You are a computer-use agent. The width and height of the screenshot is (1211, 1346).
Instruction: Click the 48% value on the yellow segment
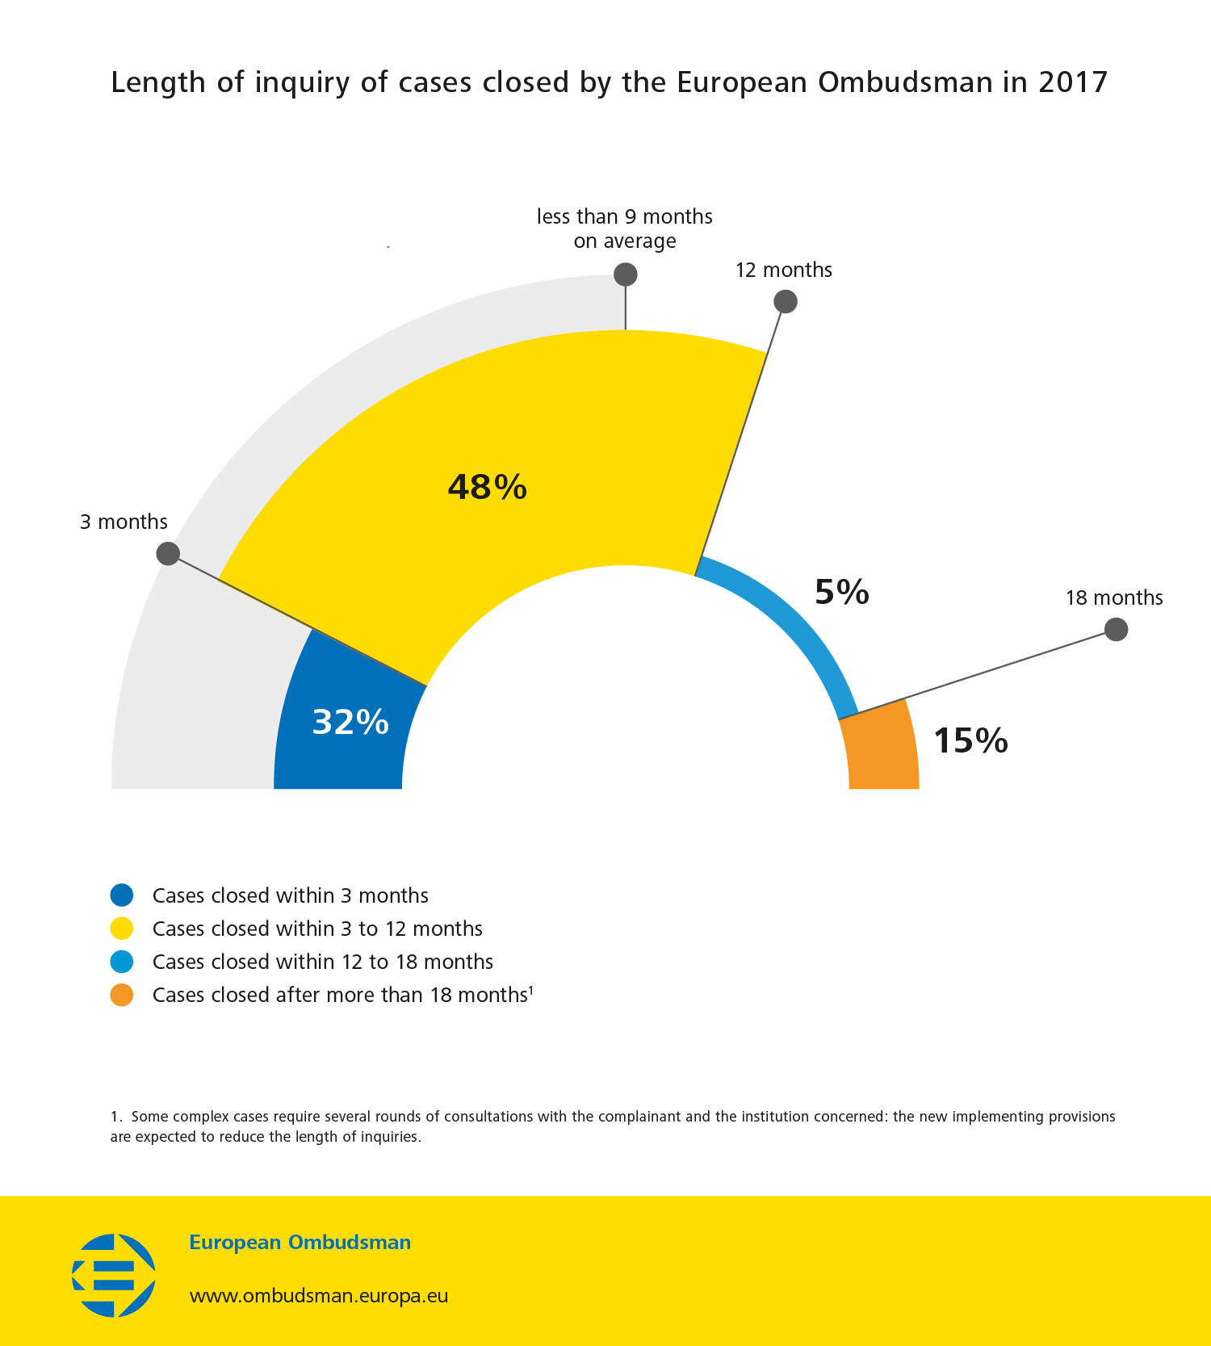coord(488,487)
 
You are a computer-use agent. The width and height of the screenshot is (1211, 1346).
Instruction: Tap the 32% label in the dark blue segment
coord(350,722)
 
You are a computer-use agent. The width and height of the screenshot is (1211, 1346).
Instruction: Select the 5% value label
coord(841,592)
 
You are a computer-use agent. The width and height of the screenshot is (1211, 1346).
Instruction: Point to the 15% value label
coord(970,740)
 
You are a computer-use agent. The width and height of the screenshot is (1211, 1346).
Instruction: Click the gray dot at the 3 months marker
coord(168,554)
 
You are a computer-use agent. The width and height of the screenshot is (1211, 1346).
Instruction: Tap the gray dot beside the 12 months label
coord(786,302)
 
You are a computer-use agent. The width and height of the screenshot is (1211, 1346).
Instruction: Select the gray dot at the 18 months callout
coord(1116,629)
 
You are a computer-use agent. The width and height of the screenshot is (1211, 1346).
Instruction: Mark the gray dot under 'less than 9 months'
coord(626,275)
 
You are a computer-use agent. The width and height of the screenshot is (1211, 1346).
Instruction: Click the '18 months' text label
coord(1113,598)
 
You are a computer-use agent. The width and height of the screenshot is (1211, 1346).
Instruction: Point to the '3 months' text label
coord(124,522)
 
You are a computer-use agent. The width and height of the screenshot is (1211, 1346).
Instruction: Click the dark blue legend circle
coord(122,895)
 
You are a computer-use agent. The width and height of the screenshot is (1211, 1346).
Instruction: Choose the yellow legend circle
coord(122,929)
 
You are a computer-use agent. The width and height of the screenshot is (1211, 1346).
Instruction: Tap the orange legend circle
coord(122,995)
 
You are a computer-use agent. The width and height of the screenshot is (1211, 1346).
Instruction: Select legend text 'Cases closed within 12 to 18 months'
coord(322,962)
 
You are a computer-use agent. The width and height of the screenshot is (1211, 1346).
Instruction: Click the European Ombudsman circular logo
coord(114,1275)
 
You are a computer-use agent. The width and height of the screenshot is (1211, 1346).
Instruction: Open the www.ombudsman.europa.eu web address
coord(318,1295)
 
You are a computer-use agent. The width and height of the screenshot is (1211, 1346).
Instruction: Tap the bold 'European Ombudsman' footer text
coord(300,1242)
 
